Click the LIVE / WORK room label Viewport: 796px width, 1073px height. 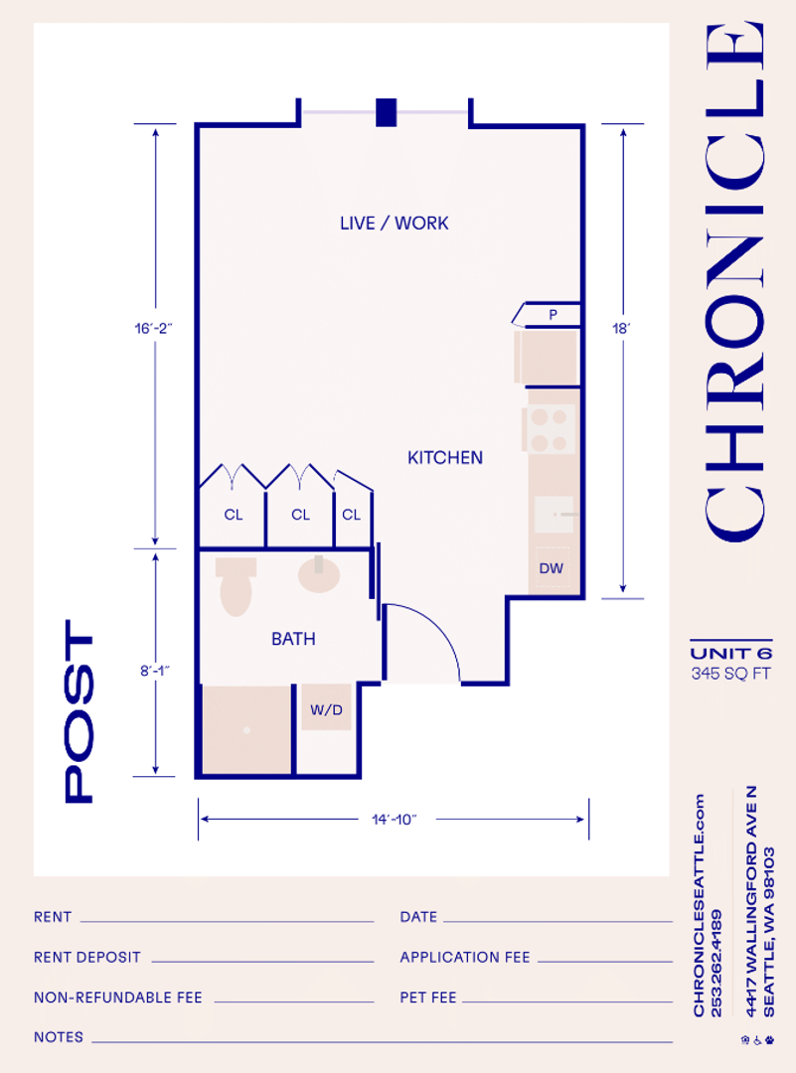pyautogui.click(x=395, y=224)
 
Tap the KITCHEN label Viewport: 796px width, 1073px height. pyautogui.click(x=445, y=458)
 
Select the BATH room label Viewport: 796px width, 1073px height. pyautogui.click(x=293, y=639)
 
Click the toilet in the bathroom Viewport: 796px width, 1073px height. pyautogui.click(x=237, y=586)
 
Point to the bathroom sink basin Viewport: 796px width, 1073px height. pyautogui.click(x=319, y=574)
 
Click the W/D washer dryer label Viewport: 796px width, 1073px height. pyautogui.click(x=327, y=709)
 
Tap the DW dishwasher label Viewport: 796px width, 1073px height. pyautogui.click(x=551, y=568)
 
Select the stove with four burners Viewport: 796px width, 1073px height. pyautogui.click(x=550, y=429)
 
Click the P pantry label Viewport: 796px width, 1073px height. pyautogui.click(x=553, y=315)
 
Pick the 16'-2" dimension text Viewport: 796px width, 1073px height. pyautogui.click(x=153, y=329)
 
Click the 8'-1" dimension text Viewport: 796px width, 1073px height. pyautogui.click(x=155, y=671)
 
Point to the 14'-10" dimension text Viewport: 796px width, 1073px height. pyautogui.click(x=395, y=819)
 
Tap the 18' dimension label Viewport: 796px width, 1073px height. pyautogui.click(x=621, y=329)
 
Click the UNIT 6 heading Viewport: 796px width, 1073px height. pyautogui.click(x=731, y=654)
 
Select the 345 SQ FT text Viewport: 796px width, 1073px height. pyautogui.click(x=731, y=674)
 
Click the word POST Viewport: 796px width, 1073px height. pyautogui.click(x=79, y=711)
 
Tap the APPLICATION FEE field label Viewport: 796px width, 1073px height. pyautogui.click(x=465, y=958)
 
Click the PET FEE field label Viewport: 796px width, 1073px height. pyautogui.click(x=427, y=997)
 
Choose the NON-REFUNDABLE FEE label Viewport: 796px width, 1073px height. pyautogui.click(x=117, y=997)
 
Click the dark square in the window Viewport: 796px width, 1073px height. pyautogui.click(x=386, y=112)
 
